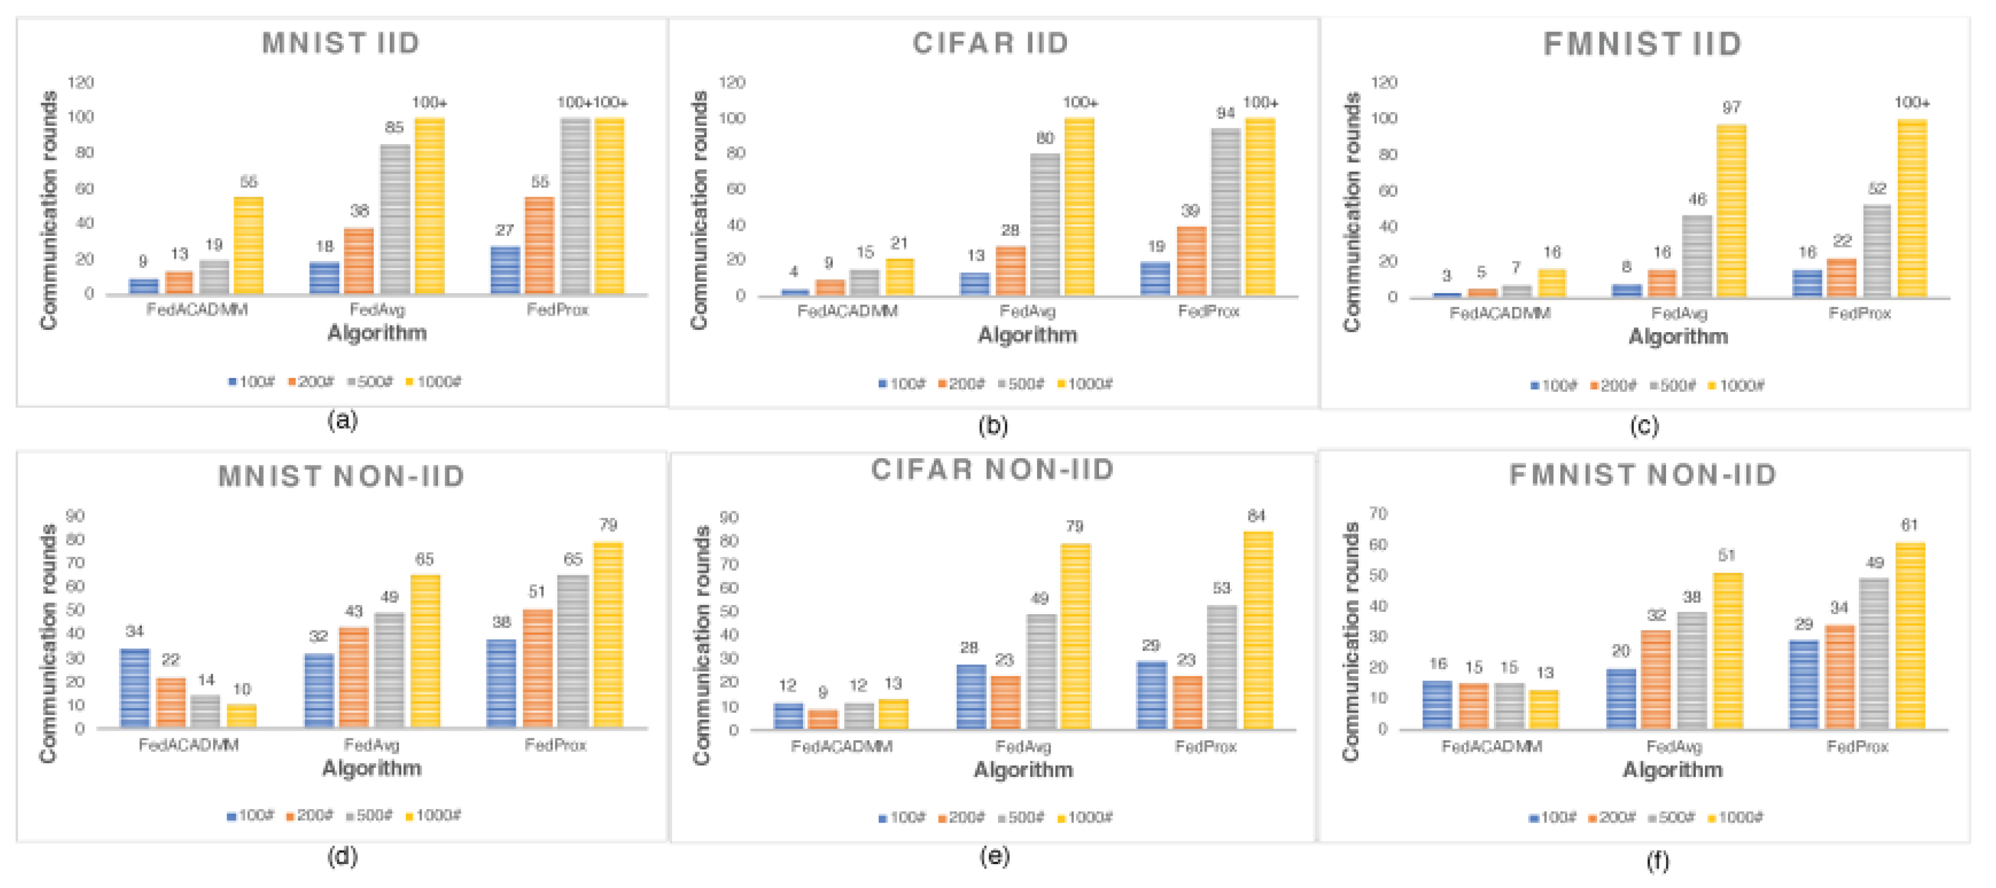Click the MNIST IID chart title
pos(341,43)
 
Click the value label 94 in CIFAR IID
pos(1225,113)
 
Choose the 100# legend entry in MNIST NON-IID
pos(251,815)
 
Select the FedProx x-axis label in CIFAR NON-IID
pos(1206,746)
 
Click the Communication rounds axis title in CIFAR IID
pos(699,209)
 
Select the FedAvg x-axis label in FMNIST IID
pos(1679,313)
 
